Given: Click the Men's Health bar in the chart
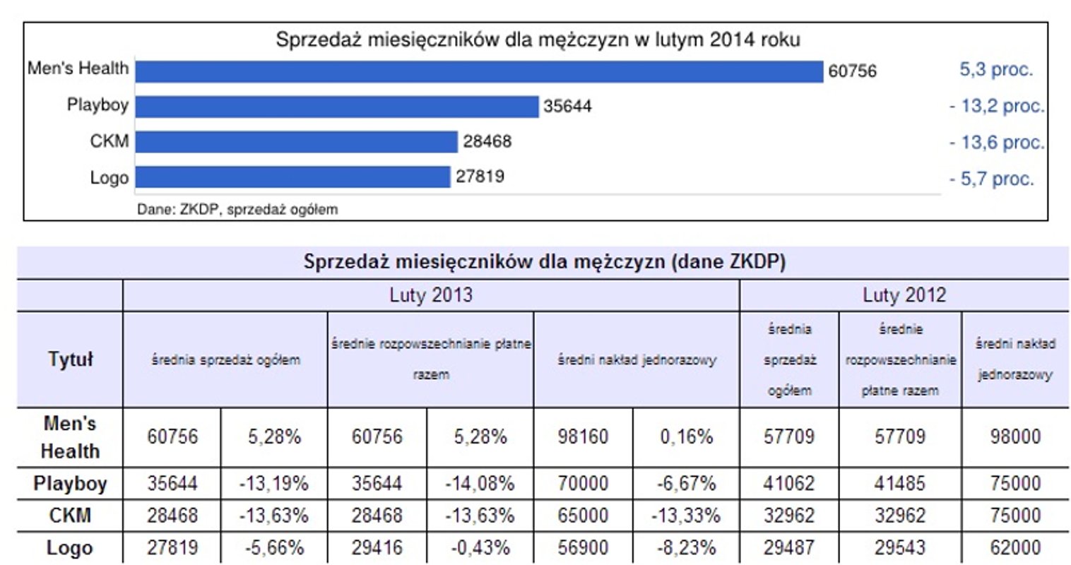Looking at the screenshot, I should (x=479, y=71).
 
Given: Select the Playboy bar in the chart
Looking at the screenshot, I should (x=337, y=107).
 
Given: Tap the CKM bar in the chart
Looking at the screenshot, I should (x=296, y=142).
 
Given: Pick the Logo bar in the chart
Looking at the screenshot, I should (x=292, y=177).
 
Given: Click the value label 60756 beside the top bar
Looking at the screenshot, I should (x=852, y=71).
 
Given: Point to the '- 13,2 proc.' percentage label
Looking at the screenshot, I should (x=997, y=107).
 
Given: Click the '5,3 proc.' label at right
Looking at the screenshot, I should (x=995, y=70).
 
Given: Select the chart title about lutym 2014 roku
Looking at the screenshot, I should (x=538, y=40).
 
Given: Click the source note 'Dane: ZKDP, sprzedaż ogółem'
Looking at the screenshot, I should (x=237, y=210).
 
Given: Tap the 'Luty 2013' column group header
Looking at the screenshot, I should (x=430, y=295).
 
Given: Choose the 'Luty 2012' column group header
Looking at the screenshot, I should (x=904, y=295).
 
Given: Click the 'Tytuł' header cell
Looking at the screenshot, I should (x=70, y=359).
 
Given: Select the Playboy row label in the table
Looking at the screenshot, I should (x=70, y=484).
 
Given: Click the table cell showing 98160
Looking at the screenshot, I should (x=583, y=437).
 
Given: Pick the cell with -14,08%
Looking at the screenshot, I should (x=480, y=484).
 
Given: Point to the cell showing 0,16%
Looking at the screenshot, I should (x=686, y=437).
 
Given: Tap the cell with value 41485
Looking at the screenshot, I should (x=899, y=484).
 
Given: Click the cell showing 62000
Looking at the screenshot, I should (x=1015, y=547).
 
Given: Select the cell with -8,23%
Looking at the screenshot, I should (x=686, y=547).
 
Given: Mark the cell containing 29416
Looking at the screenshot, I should (x=377, y=547).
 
